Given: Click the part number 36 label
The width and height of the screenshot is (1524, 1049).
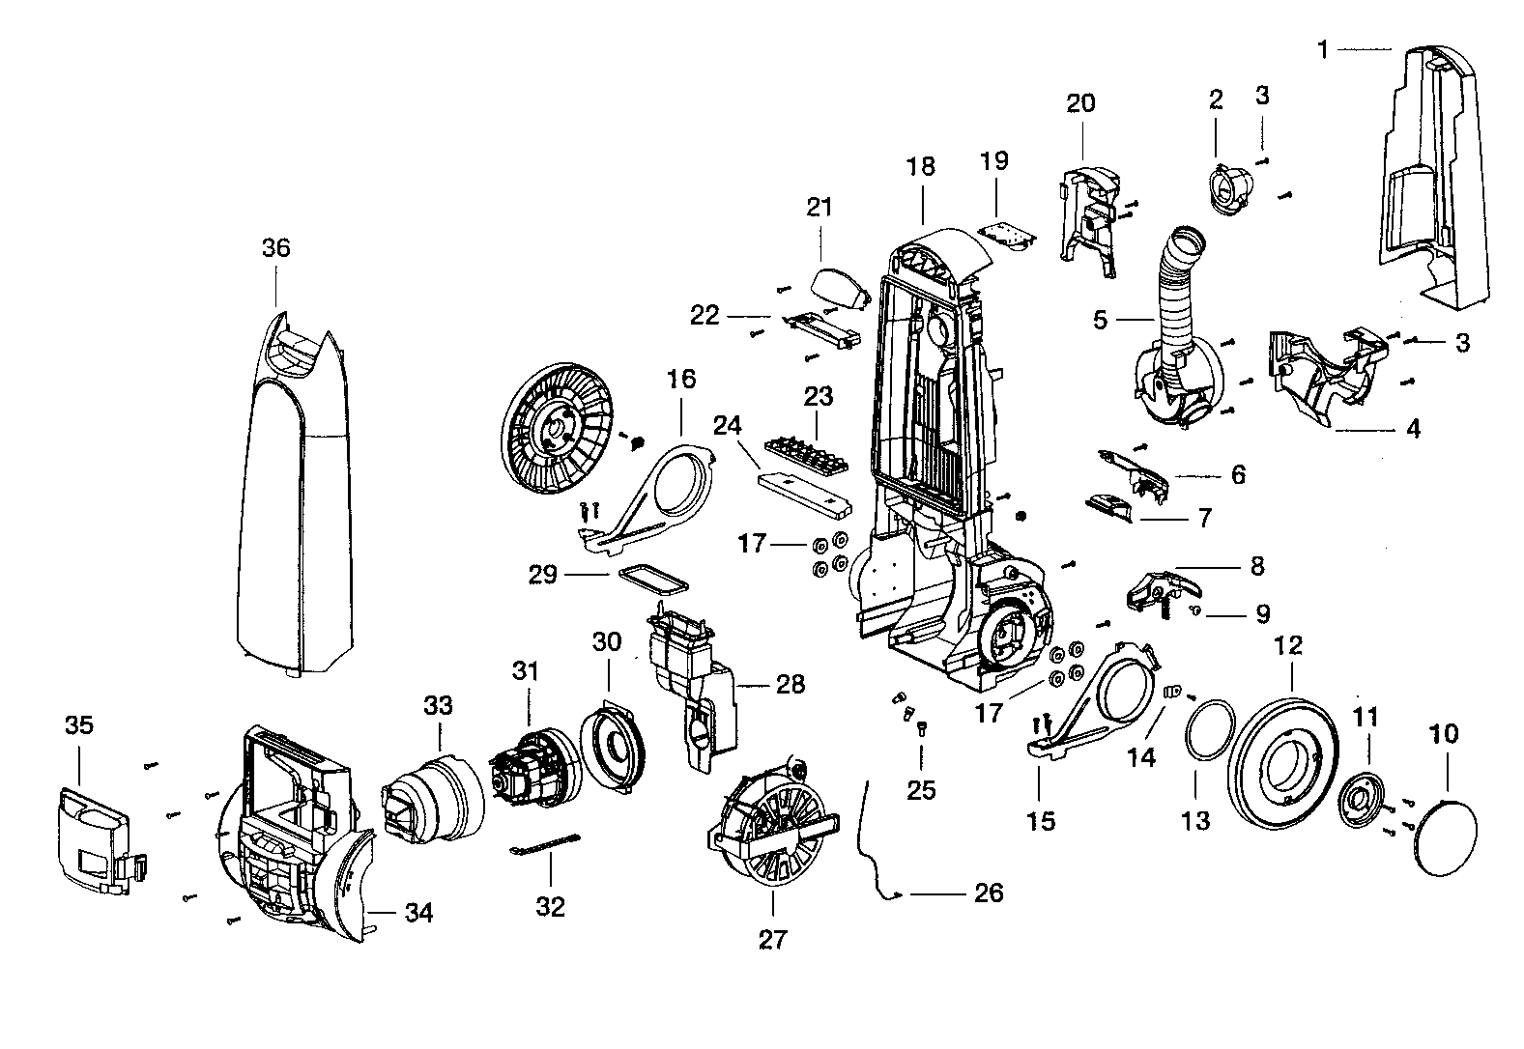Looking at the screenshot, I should pyautogui.click(x=275, y=248).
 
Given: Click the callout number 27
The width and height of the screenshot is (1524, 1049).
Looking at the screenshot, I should pyautogui.click(x=773, y=939).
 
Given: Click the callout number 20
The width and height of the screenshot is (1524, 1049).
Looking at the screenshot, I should pyautogui.click(x=1080, y=102).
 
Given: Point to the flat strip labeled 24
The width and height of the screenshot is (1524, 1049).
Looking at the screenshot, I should pyautogui.click(x=803, y=490).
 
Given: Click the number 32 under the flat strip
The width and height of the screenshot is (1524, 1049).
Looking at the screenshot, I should pyautogui.click(x=550, y=907).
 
